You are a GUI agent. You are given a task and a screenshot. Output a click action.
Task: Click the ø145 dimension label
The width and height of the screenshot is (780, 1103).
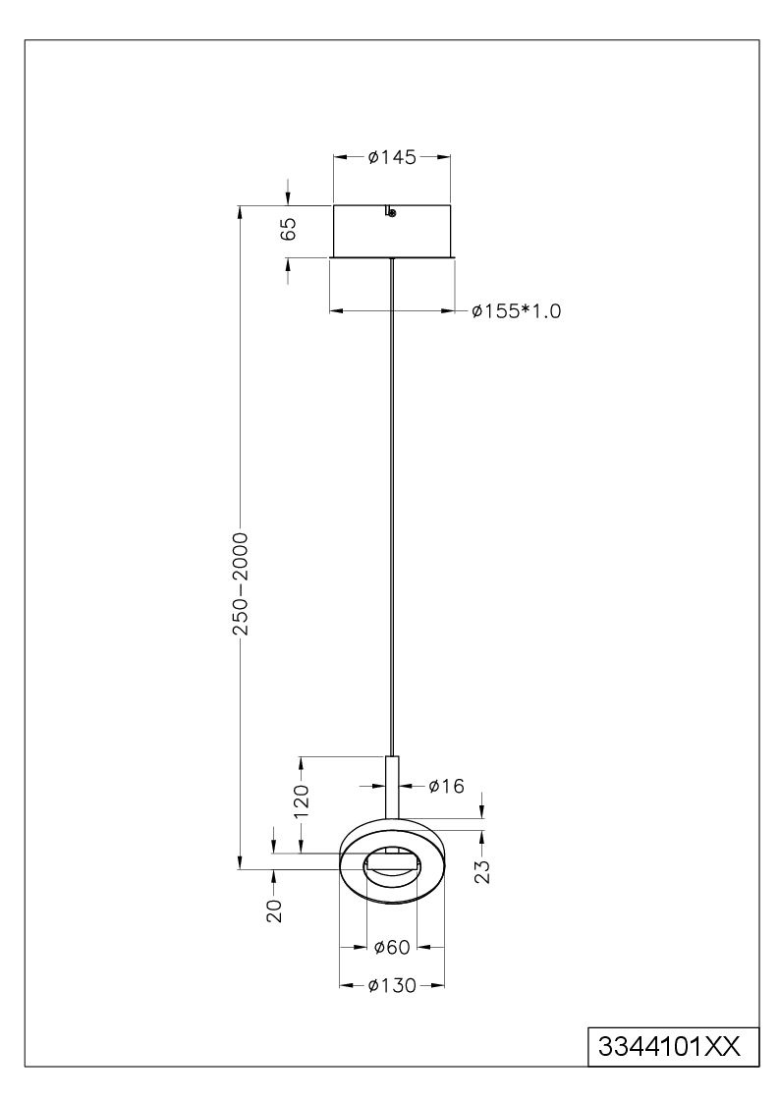(392, 157)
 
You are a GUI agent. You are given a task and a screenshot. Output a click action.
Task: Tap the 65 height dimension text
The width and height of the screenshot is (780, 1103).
(289, 230)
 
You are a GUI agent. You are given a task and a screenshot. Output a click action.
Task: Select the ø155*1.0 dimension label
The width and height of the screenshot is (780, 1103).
(517, 311)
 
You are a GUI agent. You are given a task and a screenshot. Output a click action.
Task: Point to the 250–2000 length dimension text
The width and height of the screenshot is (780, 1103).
(241, 583)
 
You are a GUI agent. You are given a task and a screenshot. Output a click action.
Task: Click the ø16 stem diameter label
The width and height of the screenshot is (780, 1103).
(447, 786)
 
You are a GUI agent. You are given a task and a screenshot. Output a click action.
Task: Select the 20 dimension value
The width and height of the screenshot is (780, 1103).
(274, 910)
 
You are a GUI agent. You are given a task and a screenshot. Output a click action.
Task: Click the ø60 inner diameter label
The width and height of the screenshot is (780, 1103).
(392, 947)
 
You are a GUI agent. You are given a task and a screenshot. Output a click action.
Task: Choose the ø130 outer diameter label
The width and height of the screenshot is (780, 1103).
(392, 985)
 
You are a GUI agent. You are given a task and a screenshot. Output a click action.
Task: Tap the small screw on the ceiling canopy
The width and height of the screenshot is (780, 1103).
(392, 212)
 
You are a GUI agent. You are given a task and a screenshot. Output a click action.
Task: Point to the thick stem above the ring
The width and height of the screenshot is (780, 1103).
(393, 788)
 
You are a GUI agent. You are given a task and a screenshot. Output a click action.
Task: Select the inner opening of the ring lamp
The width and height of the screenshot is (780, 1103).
(392, 864)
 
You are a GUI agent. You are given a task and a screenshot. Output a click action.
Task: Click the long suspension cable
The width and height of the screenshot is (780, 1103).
(391, 508)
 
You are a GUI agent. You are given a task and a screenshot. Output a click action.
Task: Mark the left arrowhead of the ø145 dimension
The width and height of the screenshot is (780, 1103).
(339, 157)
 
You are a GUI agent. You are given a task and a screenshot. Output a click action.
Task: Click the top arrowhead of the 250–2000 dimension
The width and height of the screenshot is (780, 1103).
(241, 212)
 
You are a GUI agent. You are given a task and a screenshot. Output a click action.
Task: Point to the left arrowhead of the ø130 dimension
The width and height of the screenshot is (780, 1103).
(346, 985)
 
